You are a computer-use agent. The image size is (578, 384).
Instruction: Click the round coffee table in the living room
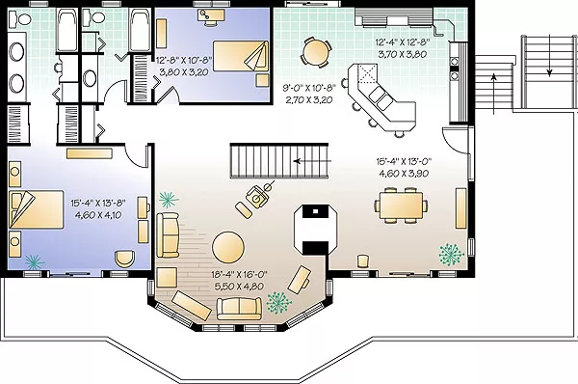pyautogui.click(x=228, y=247)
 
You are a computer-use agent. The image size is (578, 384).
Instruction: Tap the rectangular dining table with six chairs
pyautogui.click(x=402, y=206)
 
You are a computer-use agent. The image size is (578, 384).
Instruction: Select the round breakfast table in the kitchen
pyautogui.click(x=316, y=52)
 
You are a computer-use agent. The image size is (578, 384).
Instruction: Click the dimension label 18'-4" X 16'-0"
pyautogui.click(x=239, y=275)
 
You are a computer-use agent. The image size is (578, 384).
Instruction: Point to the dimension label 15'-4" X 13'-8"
pyautogui.click(x=98, y=203)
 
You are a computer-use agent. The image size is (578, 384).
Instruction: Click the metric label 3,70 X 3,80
pyautogui.click(x=402, y=54)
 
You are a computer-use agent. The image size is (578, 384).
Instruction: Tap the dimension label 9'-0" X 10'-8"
pyautogui.click(x=309, y=88)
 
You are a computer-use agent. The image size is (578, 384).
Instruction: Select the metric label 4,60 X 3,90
pyautogui.click(x=404, y=173)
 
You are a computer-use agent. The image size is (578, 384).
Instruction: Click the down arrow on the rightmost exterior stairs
pyautogui.click(x=550, y=55)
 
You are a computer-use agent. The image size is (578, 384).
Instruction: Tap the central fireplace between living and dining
pyautogui.click(x=315, y=230)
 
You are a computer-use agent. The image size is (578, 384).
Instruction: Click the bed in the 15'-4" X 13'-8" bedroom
pyautogui.click(x=37, y=209)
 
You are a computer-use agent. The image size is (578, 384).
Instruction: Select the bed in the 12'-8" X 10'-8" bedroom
pyautogui.click(x=241, y=56)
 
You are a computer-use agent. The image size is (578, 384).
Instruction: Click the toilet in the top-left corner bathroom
pyautogui.click(x=20, y=18)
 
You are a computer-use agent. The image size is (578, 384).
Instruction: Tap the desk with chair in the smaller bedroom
pyautogui.click(x=211, y=16)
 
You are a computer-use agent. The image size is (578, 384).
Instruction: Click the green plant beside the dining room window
pyautogui.click(x=451, y=254)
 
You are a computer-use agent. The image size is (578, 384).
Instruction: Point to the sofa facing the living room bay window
pyautogui.click(x=239, y=309)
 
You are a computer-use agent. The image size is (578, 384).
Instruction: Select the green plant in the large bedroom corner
pyautogui.click(x=35, y=261)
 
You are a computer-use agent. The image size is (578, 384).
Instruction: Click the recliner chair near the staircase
pyautogui.click(x=258, y=196)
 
